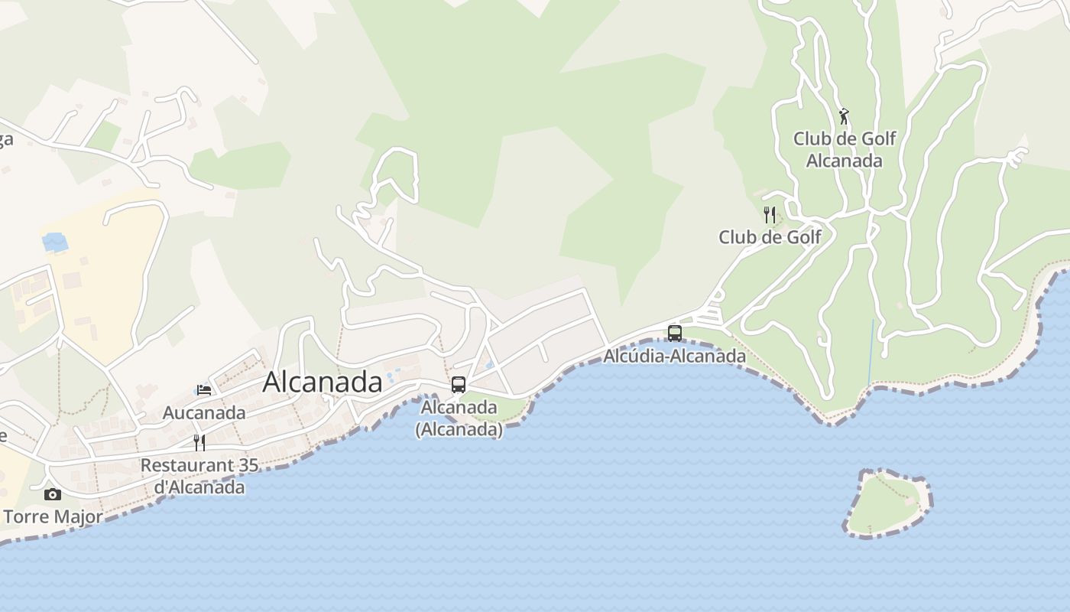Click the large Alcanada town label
[322, 382]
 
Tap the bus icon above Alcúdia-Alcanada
[674, 333]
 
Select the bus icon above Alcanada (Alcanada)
[459, 385]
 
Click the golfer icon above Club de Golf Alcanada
[844, 116]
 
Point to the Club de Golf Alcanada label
[844, 149]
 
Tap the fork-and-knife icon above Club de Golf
[770, 215]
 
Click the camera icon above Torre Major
[52, 494]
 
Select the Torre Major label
[53, 517]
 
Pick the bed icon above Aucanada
[204, 390]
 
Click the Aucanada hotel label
[204, 413]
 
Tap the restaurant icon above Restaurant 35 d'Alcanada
[199, 443]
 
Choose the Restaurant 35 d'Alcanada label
[199, 476]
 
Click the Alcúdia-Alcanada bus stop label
[674, 356]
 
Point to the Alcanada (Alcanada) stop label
[459, 418]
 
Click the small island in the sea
[887, 503]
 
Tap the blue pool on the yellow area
[55, 243]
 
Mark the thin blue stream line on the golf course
[871, 352]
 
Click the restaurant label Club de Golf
[770, 237]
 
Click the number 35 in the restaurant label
[248, 465]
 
